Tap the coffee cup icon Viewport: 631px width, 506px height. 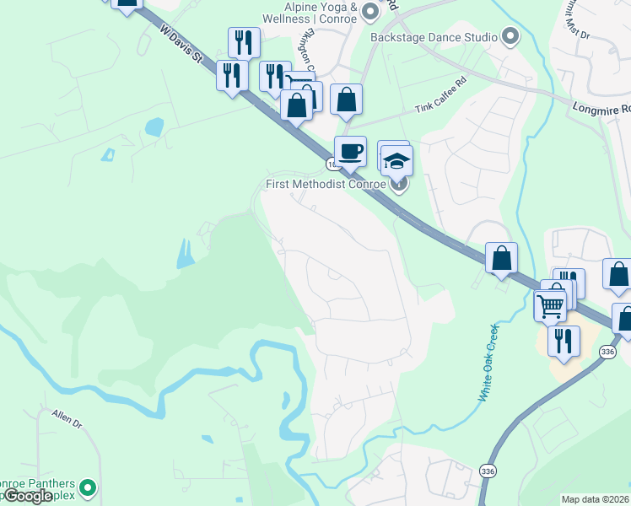[x=351, y=153]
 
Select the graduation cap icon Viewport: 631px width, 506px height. [x=397, y=160]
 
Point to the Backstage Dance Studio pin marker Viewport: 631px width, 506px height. [x=510, y=37]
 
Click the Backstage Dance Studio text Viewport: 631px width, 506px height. [x=434, y=37]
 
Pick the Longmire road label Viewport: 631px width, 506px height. [x=601, y=109]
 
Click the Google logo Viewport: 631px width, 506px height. [x=28, y=496]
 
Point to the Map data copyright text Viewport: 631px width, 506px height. [x=595, y=499]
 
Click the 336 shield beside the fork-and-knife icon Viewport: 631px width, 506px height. [x=607, y=351]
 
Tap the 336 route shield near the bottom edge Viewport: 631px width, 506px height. [x=487, y=470]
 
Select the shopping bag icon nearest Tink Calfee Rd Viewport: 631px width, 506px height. [x=346, y=100]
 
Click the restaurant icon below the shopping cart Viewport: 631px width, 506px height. [x=564, y=341]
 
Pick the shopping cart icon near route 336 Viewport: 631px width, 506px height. [x=551, y=305]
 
